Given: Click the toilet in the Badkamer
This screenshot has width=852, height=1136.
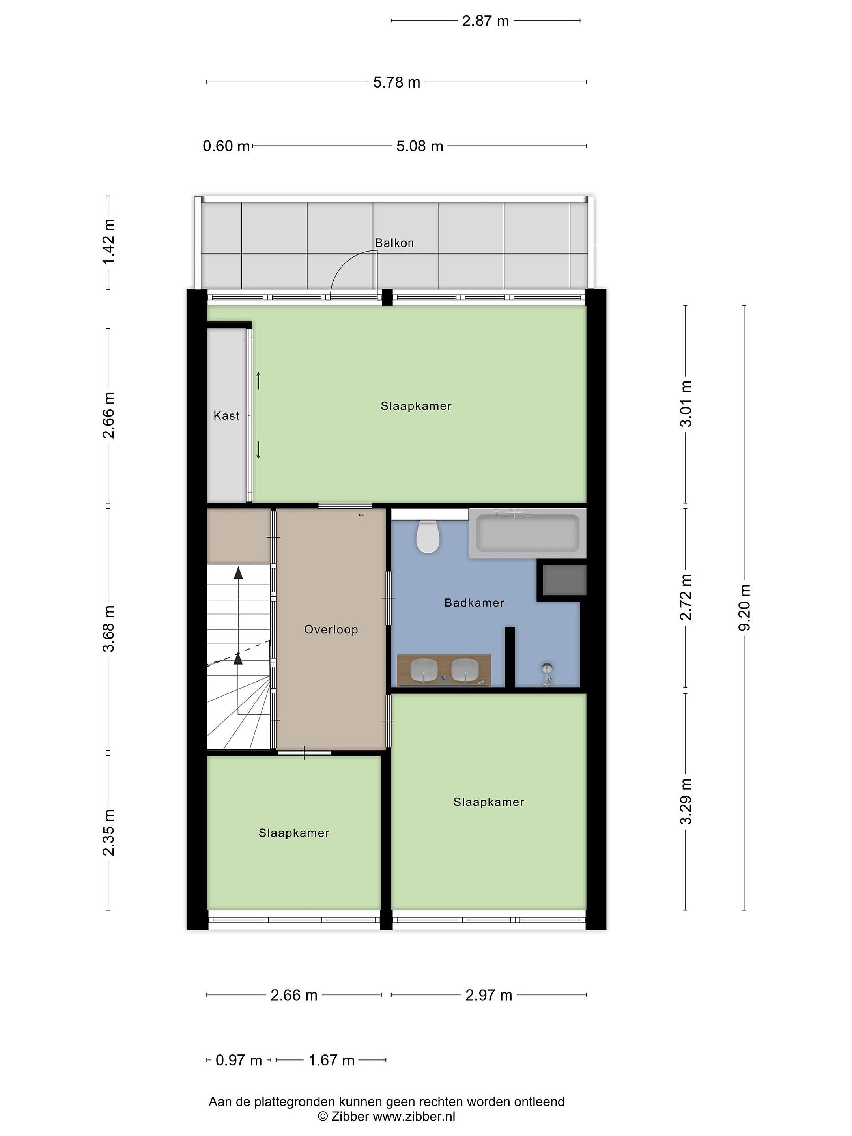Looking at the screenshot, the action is (x=427, y=537).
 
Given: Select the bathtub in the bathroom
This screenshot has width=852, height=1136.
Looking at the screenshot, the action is (x=527, y=533).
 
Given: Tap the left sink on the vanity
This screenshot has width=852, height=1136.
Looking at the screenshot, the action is (x=424, y=670).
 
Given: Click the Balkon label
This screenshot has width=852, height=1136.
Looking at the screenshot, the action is (x=394, y=243).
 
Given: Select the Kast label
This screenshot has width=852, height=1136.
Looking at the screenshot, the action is (x=226, y=415).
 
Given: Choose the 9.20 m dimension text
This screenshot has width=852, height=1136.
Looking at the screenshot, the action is (x=744, y=607).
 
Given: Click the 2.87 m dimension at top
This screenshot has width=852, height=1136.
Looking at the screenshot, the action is (x=485, y=21).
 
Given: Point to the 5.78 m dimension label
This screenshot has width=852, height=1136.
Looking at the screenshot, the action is (x=396, y=82).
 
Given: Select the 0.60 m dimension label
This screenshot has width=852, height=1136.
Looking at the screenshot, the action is (x=226, y=146).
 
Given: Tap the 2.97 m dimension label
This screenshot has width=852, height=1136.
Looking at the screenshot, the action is (x=488, y=995).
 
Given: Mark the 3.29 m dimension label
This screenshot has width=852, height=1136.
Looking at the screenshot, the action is (x=686, y=801).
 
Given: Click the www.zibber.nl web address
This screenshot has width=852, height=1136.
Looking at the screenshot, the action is (x=414, y=1116).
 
